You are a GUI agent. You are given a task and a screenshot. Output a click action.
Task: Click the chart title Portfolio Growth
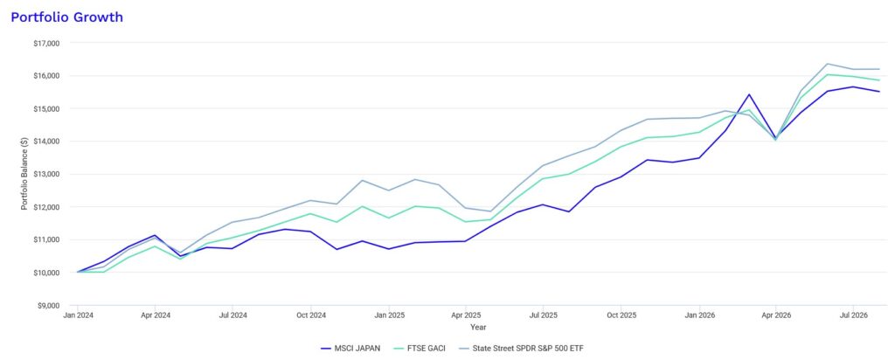click(66, 17)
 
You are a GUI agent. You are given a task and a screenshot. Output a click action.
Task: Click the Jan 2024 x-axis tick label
click(77, 315)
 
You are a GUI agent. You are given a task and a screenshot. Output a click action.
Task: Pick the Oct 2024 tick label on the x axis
click(310, 315)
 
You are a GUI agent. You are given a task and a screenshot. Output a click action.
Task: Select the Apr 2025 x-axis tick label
click(466, 315)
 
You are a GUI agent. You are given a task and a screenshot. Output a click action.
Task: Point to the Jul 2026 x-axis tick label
click(853, 315)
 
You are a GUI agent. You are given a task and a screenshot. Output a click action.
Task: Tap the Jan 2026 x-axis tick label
click(698, 315)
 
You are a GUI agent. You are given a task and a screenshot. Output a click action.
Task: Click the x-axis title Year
click(478, 328)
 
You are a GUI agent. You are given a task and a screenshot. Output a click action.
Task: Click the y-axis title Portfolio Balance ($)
click(24, 174)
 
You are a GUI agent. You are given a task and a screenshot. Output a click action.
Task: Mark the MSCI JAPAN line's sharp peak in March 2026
click(749, 94)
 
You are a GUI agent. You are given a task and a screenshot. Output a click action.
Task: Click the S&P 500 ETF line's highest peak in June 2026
click(827, 64)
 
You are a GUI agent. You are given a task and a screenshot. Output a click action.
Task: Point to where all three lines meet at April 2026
click(776, 139)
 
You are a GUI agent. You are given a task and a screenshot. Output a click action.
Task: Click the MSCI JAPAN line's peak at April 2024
click(155, 235)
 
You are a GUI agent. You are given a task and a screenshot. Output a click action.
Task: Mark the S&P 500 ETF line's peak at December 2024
click(362, 180)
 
